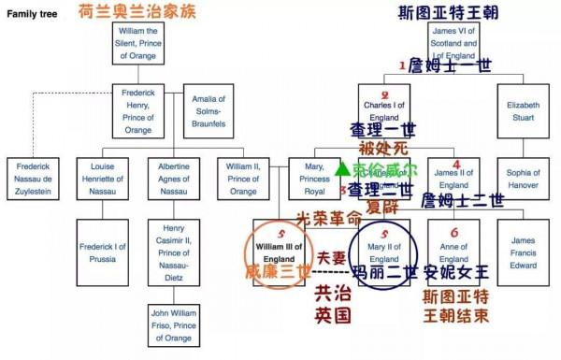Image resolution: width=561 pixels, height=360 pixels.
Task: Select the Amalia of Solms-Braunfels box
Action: point(209,110)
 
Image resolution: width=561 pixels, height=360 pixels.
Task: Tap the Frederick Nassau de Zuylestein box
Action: point(35,178)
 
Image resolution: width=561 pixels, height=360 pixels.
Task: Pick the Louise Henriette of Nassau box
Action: point(103,178)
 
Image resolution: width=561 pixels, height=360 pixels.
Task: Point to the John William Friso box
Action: point(173,324)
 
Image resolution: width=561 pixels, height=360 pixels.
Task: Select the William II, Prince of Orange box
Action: point(244,178)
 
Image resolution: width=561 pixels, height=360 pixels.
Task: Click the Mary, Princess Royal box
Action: point(314,178)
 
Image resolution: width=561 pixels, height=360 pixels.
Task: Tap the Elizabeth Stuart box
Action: point(522,110)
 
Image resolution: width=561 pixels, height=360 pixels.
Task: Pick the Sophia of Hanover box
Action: point(522,178)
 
